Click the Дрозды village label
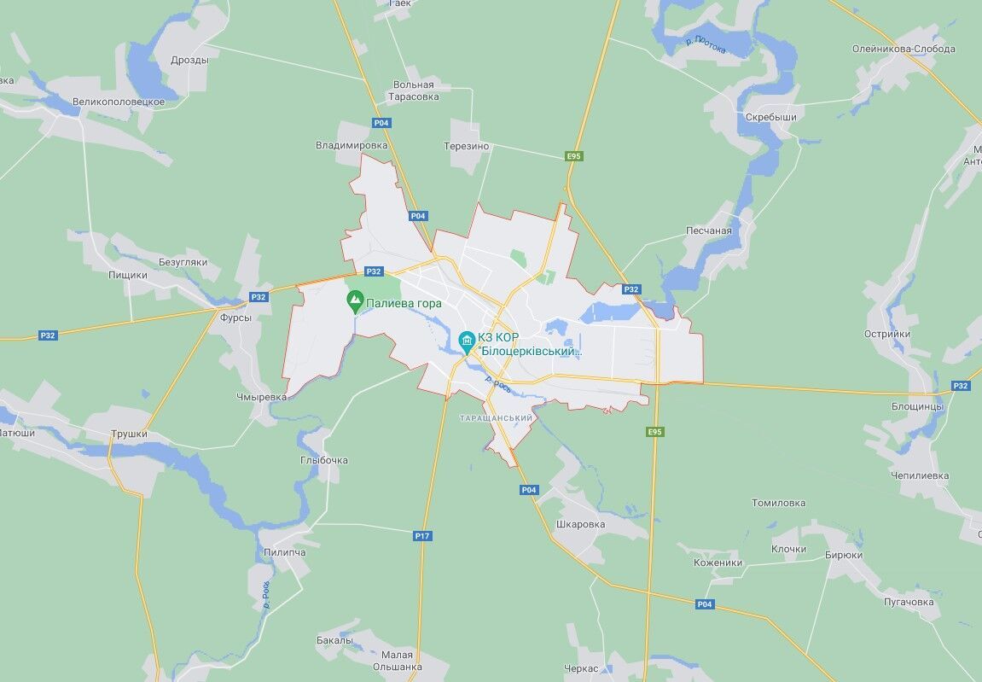click(x=189, y=60)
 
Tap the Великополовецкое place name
click(x=119, y=102)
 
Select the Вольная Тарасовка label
click(x=414, y=90)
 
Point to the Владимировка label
click(x=352, y=145)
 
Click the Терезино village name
click(x=467, y=146)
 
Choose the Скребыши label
click(x=770, y=117)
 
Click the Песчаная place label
click(x=709, y=230)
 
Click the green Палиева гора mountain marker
click(x=355, y=300)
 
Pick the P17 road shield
click(x=422, y=536)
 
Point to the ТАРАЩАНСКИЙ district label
click(x=496, y=418)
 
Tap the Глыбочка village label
click(x=324, y=460)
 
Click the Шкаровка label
click(x=580, y=524)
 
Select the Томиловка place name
click(x=778, y=503)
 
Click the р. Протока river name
click(x=706, y=44)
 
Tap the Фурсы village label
click(x=235, y=318)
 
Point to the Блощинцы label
click(x=917, y=406)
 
